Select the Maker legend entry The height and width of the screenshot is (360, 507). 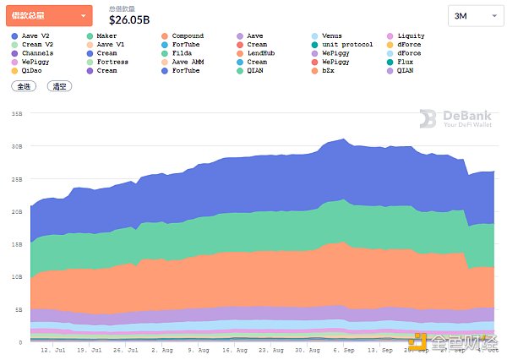[106, 36]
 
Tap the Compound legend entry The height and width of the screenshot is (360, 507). [187, 36]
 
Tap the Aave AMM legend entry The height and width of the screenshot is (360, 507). [188, 62]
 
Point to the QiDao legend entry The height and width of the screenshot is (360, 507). [30, 70]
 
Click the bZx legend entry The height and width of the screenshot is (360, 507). [333, 70]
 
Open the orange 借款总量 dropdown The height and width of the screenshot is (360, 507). [50, 15]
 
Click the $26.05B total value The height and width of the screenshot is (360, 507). [130, 19]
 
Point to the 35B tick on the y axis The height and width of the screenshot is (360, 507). [15, 113]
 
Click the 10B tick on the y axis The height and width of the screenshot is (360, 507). [15, 276]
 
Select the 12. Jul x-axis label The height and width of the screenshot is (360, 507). [52, 349]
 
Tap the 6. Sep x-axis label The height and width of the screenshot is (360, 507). [344, 349]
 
